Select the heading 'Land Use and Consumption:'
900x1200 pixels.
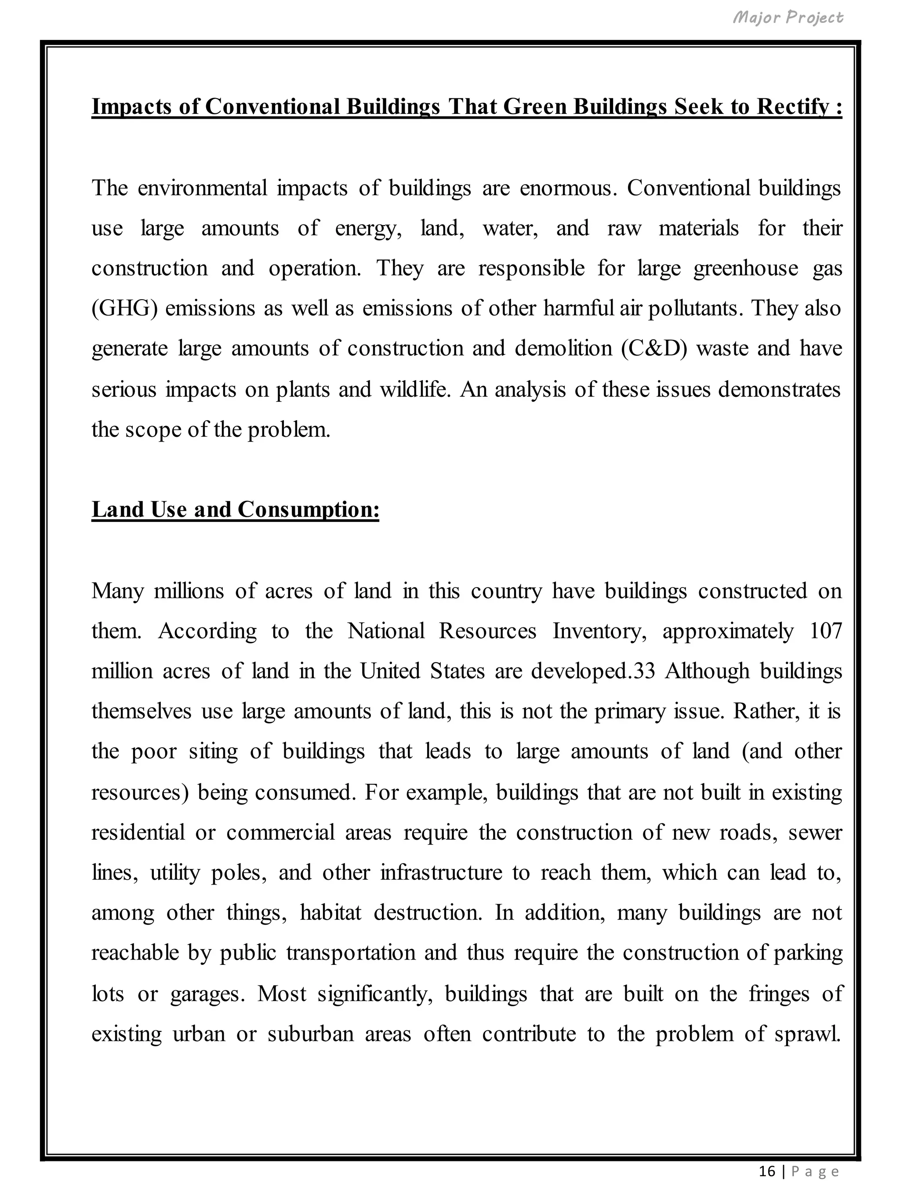[x=235, y=510]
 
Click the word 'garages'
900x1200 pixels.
[x=203, y=994]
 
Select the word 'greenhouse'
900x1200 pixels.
[x=745, y=268]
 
